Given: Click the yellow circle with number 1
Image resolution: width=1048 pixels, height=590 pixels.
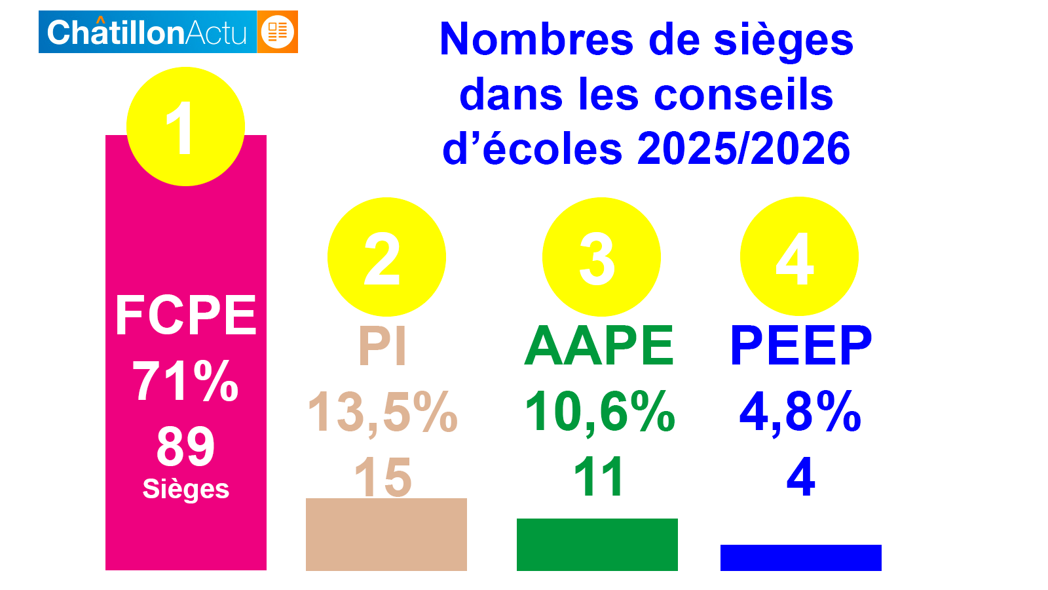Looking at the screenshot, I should [185, 127].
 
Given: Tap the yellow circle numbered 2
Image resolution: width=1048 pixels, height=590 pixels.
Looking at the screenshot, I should [386, 257].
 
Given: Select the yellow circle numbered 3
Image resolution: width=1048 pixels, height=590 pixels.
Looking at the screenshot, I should [601, 257].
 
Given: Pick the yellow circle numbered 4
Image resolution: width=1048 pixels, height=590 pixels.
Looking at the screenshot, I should [799, 256].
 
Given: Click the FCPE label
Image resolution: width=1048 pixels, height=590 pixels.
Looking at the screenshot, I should [186, 315].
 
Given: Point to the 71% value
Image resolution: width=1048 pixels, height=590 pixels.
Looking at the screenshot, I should [185, 381].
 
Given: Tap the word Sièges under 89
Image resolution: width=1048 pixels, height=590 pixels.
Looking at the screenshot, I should [186, 489].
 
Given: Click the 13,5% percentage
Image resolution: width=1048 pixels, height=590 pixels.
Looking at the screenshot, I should [383, 412].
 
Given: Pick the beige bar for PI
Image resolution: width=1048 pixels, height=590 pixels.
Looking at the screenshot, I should [386, 534].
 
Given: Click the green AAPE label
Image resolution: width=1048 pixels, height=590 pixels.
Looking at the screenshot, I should [599, 345].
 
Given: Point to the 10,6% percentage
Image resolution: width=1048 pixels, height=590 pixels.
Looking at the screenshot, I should [600, 412].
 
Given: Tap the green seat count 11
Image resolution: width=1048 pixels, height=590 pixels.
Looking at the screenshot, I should [599, 477].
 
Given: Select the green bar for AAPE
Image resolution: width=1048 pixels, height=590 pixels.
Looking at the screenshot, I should [597, 544].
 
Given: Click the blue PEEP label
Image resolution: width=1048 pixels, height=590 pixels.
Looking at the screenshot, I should [801, 345].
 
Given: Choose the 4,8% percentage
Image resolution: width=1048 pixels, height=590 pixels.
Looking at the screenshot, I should [800, 412].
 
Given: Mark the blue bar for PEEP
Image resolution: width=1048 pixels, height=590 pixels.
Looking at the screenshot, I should [801, 557].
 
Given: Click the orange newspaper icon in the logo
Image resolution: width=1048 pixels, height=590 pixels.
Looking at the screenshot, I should [278, 31].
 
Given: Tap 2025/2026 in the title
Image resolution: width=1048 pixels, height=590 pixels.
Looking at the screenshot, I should [743, 148].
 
